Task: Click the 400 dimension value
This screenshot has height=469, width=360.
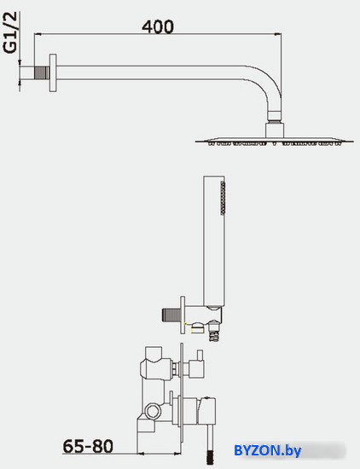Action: (158, 26)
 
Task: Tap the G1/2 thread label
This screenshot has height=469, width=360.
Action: (11, 33)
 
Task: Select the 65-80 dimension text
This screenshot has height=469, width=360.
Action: (88, 446)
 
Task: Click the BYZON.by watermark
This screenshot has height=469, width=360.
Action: (268, 450)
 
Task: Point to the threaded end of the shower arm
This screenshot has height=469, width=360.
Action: (42, 72)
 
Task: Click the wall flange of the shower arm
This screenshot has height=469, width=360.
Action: (53, 72)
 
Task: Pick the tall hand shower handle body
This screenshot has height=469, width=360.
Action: (214, 241)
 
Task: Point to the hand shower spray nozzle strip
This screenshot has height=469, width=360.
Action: (223, 197)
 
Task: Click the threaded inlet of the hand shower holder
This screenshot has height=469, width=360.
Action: (171, 316)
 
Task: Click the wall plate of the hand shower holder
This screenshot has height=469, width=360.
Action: (183, 315)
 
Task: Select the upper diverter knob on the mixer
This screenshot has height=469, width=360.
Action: (196, 367)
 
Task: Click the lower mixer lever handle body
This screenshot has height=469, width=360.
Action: (206, 411)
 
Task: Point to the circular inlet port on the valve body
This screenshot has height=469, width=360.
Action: (153, 411)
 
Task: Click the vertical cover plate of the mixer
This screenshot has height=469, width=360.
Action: (182, 398)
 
